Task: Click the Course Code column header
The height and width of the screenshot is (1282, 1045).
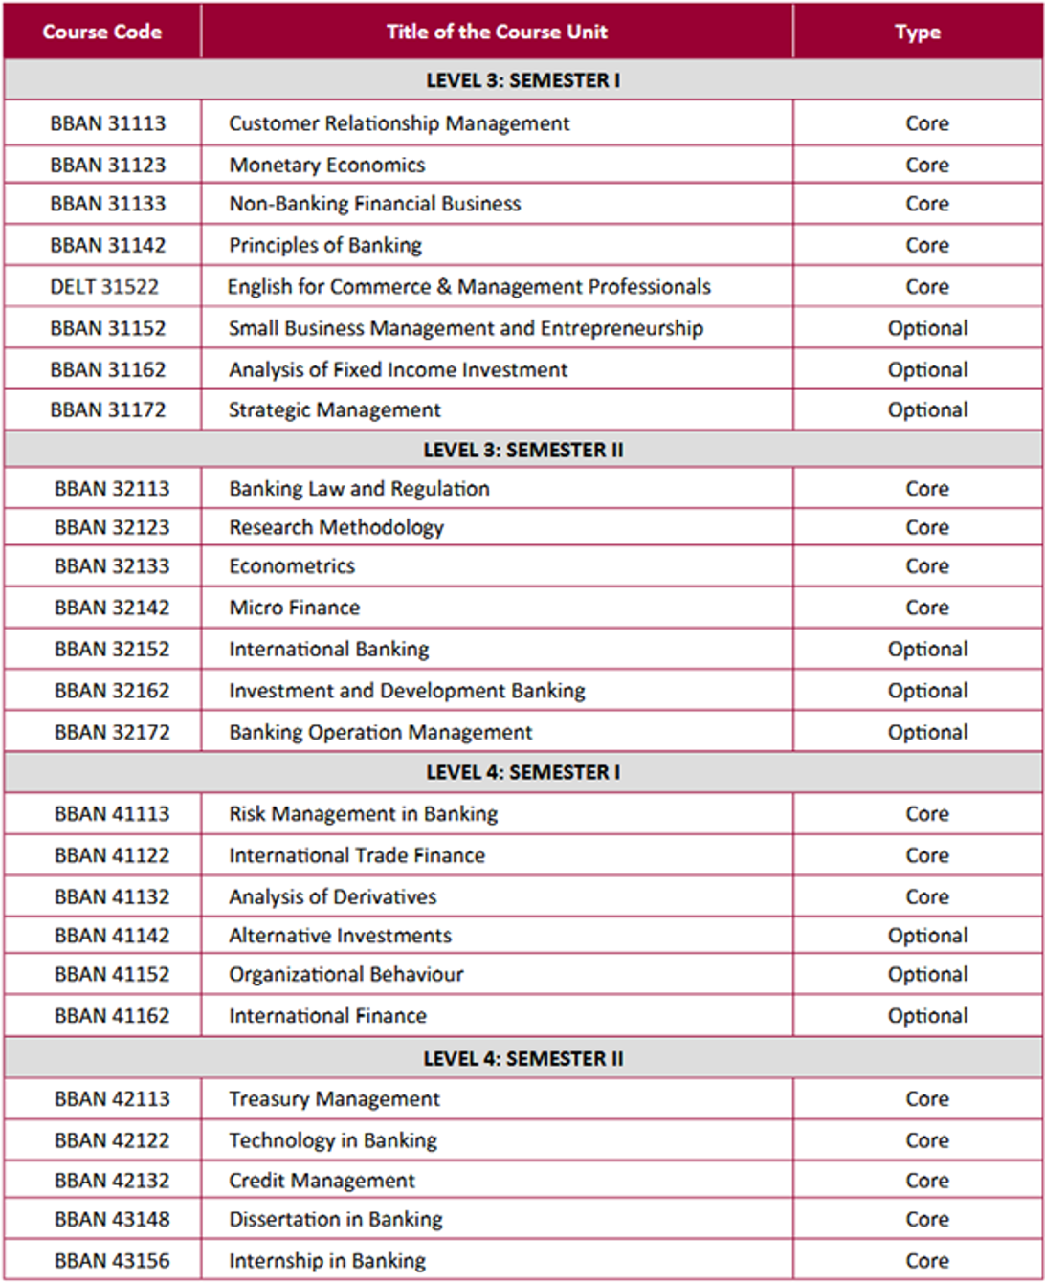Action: (x=102, y=32)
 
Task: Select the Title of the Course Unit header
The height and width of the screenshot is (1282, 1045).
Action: (x=497, y=32)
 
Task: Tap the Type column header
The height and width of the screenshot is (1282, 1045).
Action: (x=918, y=32)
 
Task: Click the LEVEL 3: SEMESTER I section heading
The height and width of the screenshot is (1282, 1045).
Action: (x=522, y=80)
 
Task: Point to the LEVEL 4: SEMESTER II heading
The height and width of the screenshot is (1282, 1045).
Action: (x=522, y=1058)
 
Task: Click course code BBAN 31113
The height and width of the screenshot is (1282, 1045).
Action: (x=108, y=123)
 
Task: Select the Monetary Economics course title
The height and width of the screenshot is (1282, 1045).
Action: (x=327, y=165)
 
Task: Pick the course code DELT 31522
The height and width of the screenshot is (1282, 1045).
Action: (x=105, y=286)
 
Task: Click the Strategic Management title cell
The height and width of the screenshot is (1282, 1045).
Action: (x=335, y=409)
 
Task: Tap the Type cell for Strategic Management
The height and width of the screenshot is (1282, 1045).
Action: (x=927, y=409)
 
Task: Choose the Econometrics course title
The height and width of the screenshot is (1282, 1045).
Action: (x=292, y=565)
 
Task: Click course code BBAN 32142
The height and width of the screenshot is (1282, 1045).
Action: (x=112, y=608)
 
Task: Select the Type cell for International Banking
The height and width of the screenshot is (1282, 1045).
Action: (x=927, y=649)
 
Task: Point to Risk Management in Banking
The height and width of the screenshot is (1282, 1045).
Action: (x=364, y=813)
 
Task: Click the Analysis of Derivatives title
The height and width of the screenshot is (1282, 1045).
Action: (x=333, y=896)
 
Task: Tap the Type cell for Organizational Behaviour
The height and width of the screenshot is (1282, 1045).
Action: (x=927, y=974)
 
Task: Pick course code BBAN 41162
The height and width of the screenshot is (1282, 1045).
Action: (x=112, y=1015)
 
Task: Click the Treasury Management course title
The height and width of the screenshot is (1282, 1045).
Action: (x=335, y=1098)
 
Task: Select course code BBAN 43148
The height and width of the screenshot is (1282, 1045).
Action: (x=112, y=1219)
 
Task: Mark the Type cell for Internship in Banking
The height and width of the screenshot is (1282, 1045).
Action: (x=927, y=1260)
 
